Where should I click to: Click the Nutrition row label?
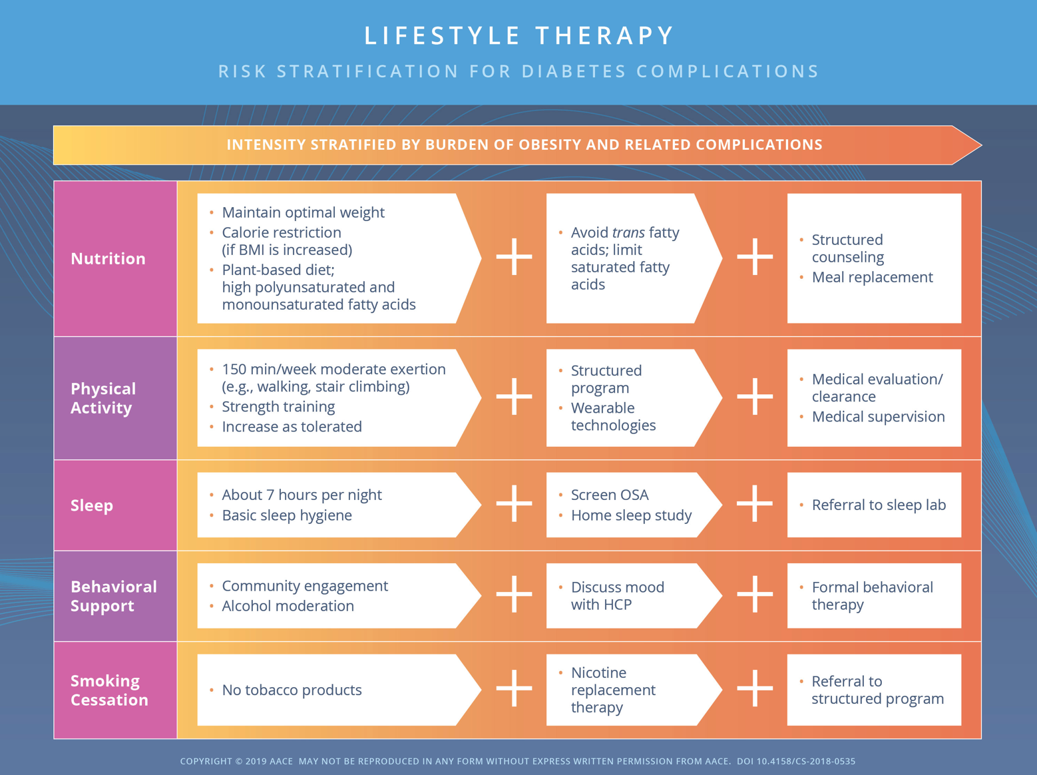[x=108, y=258]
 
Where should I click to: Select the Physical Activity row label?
[x=103, y=398]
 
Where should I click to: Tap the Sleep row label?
[x=92, y=505]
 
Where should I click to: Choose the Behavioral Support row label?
[x=114, y=596]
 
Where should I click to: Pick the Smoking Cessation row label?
[x=109, y=690]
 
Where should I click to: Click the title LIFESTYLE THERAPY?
[x=519, y=35]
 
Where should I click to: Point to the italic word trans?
[x=628, y=232]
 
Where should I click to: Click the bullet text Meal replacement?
[x=872, y=277]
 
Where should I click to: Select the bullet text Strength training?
[x=278, y=406]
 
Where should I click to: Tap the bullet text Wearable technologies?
[x=612, y=416]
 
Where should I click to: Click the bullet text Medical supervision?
[x=878, y=416]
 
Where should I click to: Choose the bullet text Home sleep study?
[x=631, y=515]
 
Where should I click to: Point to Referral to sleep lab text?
[x=879, y=505]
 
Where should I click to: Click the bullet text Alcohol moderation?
[x=288, y=606]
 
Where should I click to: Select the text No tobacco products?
[x=292, y=690]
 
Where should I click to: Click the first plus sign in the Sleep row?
[x=514, y=503]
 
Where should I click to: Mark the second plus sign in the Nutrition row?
[x=755, y=256]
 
